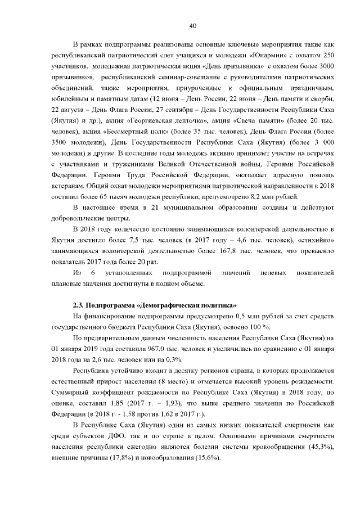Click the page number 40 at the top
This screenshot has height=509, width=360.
click(x=192, y=26)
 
